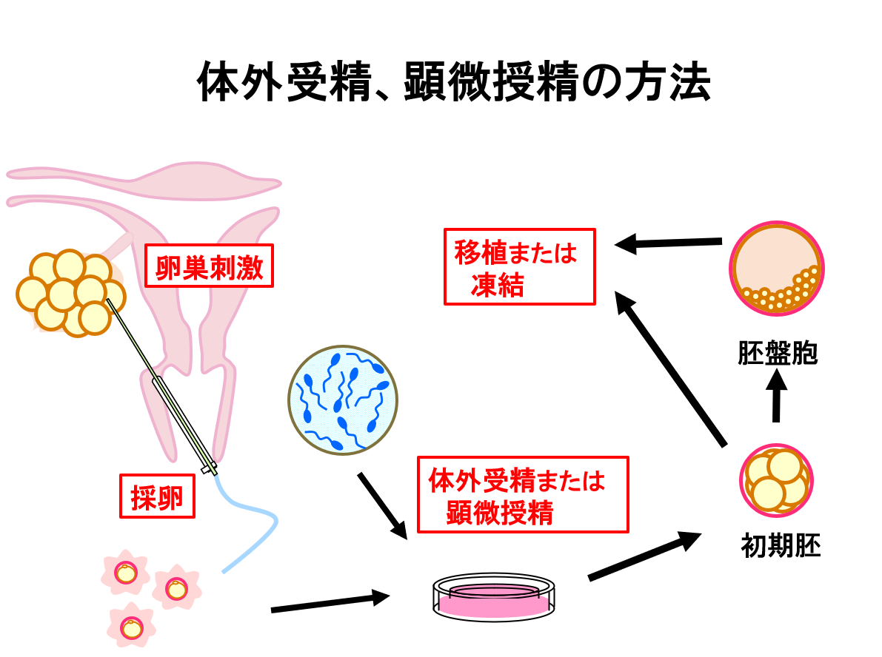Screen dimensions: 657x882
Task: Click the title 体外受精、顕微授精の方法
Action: click(x=454, y=83)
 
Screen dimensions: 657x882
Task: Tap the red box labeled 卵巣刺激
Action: click(x=210, y=266)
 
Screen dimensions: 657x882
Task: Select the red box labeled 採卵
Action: click(x=157, y=496)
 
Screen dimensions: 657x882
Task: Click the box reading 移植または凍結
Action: click(x=519, y=266)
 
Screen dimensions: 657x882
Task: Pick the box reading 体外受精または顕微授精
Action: click(x=522, y=494)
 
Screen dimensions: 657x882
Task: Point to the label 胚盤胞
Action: click(x=777, y=353)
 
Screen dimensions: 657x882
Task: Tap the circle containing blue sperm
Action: click(x=343, y=399)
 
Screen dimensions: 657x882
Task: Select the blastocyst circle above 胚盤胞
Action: click(x=777, y=267)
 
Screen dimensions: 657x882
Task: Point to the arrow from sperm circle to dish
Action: click(x=382, y=506)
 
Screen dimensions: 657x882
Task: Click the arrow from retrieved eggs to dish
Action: click(x=330, y=602)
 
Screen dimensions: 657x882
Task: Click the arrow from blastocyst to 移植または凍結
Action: click(x=669, y=243)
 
